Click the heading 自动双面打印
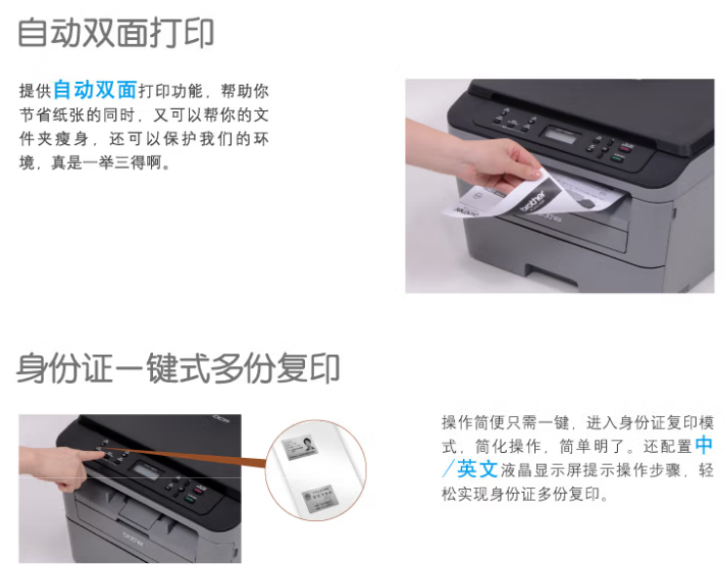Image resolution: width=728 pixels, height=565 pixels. pyautogui.click(x=116, y=33)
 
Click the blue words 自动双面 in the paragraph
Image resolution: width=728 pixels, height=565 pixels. pyautogui.click(x=96, y=90)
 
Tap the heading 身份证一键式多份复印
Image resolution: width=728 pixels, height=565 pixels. pyautogui.click(x=178, y=368)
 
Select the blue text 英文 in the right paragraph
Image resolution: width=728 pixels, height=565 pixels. pyautogui.click(x=478, y=470)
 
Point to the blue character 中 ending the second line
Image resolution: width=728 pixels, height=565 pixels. pyautogui.click(x=704, y=445)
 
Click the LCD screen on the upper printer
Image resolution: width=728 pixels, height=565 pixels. pyautogui.click(x=560, y=134)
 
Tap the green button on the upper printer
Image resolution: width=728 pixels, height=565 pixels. pyautogui.click(x=618, y=159)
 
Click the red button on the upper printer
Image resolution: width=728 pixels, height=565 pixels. pyautogui.click(x=626, y=148)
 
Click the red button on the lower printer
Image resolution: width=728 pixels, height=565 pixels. pyautogui.click(x=197, y=489)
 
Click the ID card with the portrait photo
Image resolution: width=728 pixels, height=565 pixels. pyautogui.click(x=299, y=447)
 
